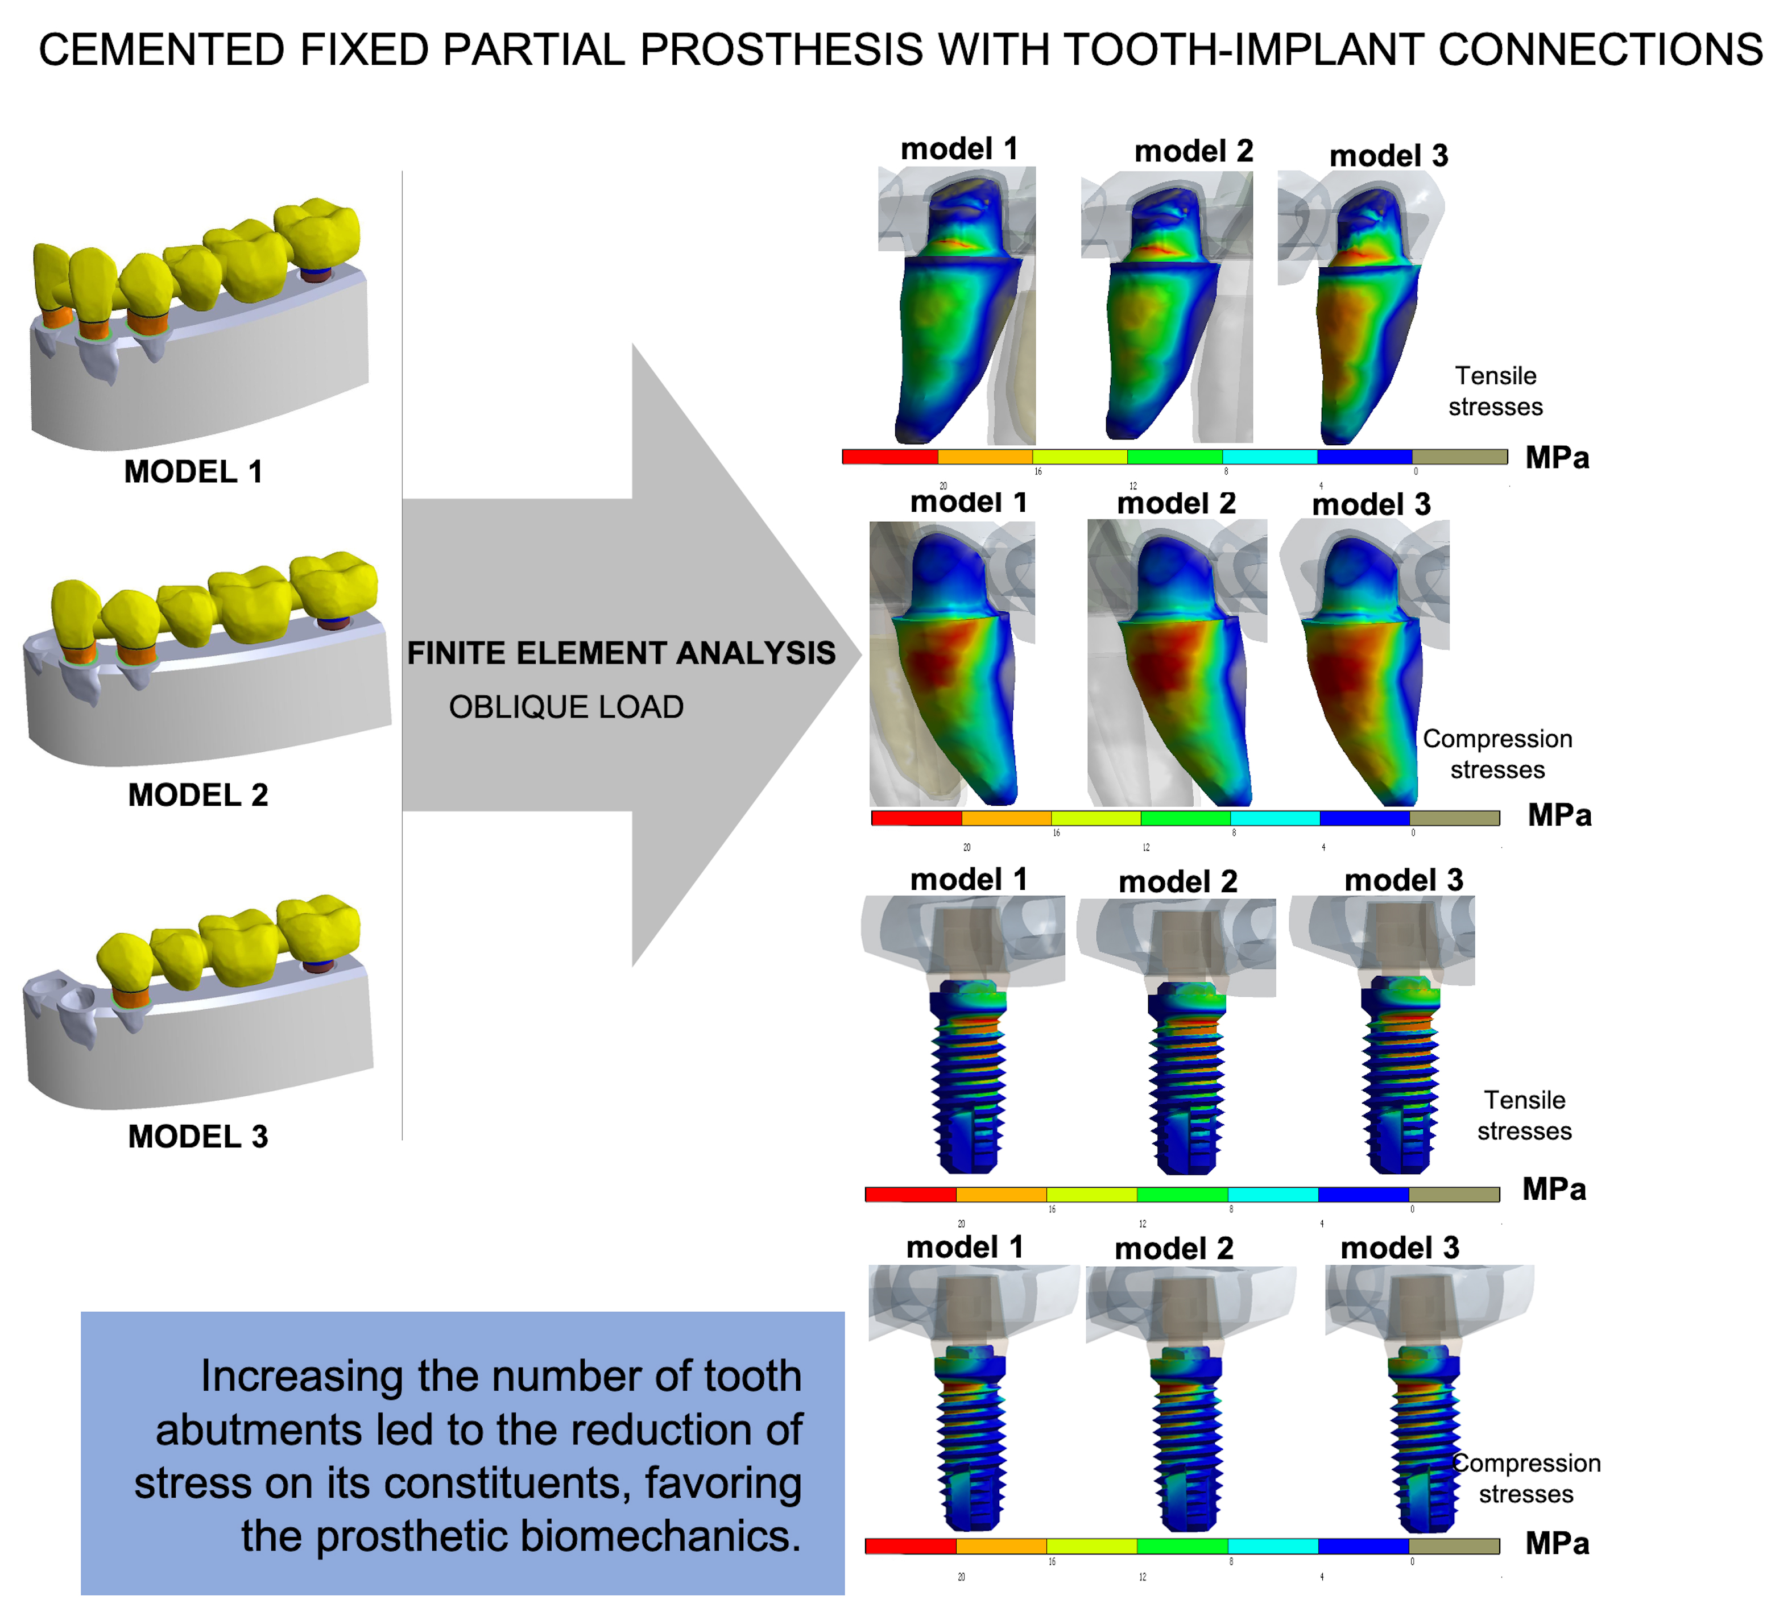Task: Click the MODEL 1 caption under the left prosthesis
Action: tap(193, 472)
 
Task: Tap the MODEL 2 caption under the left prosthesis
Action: tap(198, 795)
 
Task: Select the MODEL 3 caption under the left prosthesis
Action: tap(198, 1137)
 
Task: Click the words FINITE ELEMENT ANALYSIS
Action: tap(621, 653)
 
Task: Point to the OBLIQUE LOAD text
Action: tap(566, 707)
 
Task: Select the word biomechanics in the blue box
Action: tap(659, 1536)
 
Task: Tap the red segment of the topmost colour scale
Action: tap(890, 457)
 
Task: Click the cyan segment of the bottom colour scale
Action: tap(1272, 1546)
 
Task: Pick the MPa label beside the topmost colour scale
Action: tap(1557, 458)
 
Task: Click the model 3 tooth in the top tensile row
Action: tap(1366, 316)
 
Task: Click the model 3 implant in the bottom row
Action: tap(1423, 1441)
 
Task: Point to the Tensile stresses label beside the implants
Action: tap(1524, 1116)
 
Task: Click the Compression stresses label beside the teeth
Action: tap(1497, 754)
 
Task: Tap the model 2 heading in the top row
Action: tap(1193, 152)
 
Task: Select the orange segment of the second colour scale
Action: tap(1006, 818)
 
